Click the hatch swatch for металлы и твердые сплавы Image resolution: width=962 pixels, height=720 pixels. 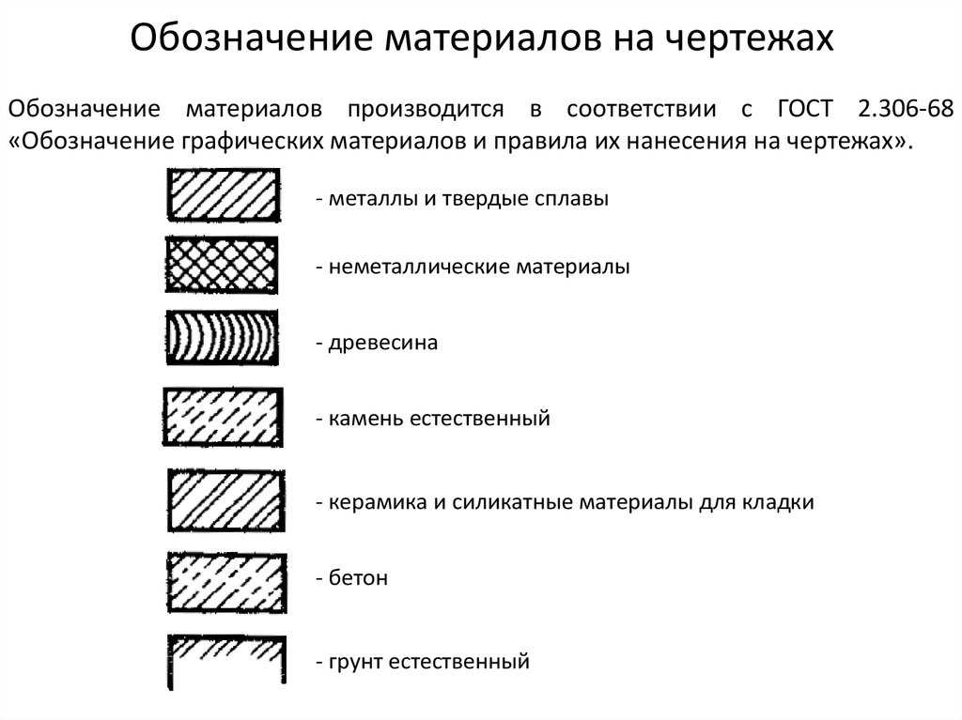[x=224, y=195]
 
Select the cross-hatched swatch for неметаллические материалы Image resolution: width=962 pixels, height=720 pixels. [x=222, y=265]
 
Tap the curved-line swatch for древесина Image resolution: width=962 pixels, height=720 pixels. [x=222, y=337]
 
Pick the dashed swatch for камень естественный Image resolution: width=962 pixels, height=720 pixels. [x=223, y=417]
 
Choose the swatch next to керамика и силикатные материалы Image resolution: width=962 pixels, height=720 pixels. [x=226, y=499]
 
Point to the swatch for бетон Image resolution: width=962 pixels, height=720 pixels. [x=227, y=583]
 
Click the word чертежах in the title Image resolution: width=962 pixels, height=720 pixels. [x=750, y=38]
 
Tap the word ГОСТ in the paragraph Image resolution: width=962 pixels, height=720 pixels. [x=805, y=109]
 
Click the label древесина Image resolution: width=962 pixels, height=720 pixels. [x=383, y=343]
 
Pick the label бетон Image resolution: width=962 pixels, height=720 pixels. [x=358, y=577]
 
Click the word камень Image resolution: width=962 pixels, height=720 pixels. [x=365, y=419]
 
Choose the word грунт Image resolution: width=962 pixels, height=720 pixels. [x=356, y=663]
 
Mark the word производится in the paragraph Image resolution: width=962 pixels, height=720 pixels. [x=426, y=110]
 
